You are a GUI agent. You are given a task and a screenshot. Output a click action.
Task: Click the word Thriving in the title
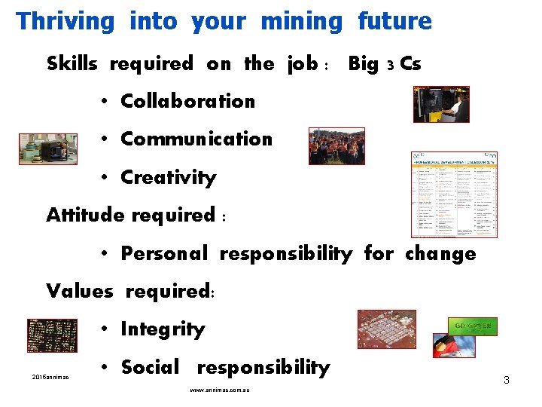click(65, 21)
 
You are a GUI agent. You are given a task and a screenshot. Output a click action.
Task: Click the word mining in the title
click(301, 21)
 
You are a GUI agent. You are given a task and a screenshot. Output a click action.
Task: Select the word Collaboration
click(187, 100)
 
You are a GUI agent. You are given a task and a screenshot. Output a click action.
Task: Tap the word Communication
click(196, 139)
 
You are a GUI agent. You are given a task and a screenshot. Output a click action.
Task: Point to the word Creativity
click(168, 178)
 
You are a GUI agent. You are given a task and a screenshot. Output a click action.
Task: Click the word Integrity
click(163, 329)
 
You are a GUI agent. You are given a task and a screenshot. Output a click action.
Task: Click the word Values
click(79, 290)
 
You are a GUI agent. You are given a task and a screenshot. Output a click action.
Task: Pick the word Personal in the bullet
click(164, 253)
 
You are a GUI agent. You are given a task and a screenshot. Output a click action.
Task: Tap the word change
click(440, 253)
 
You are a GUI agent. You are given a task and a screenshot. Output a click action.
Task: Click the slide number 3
click(507, 380)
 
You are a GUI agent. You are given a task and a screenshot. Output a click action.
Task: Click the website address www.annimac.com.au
click(220, 390)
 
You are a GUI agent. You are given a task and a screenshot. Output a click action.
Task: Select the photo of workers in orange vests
click(336, 145)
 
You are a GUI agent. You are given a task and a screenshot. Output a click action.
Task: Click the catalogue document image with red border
click(454, 194)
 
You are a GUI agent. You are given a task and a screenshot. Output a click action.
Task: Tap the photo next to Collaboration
click(440, 104)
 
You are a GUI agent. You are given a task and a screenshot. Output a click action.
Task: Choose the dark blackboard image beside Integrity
click(52, 336)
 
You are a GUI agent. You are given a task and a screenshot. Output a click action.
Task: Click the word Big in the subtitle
click(363, 64)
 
